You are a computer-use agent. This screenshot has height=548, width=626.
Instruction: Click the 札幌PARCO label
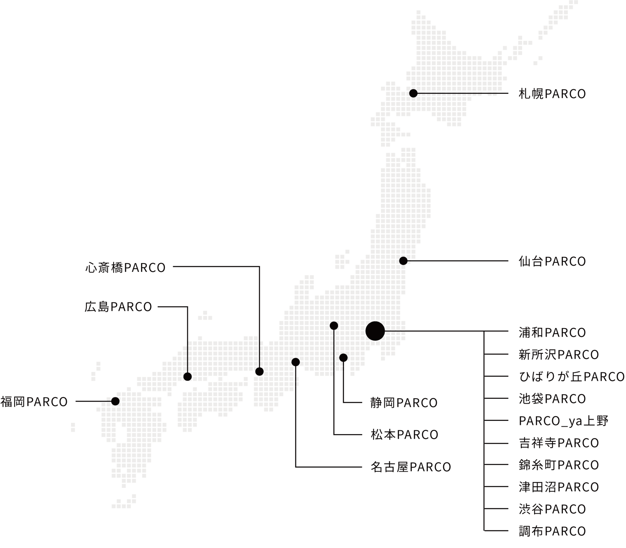(x=552, y=93)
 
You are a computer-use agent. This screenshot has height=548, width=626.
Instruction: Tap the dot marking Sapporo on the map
(x=413, y=93)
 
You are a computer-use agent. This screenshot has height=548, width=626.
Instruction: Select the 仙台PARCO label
(x=552, y=261)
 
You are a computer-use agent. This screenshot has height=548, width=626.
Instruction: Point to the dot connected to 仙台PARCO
(x=403, y=261)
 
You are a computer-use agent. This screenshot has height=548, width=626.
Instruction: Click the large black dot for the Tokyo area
(x=375, y=331)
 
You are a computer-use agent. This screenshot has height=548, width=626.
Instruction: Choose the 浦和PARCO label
(x=552, y=332)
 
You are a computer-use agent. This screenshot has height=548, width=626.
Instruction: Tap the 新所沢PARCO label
(x=559, y=354)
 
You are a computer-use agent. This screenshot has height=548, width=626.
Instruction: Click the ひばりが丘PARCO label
(x=572, y=377)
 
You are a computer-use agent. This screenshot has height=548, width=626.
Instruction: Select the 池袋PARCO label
(x=552, y=399)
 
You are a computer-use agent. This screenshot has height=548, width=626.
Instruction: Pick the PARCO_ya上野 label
(x=563, y=421)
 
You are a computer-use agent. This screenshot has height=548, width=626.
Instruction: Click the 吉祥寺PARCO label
(x=559, y=443)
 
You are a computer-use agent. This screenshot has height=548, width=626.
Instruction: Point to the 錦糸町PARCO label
(x=559, y=465)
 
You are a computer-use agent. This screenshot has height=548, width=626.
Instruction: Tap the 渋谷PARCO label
(x=552, y=509)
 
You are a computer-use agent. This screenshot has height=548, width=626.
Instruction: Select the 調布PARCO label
(x=552, y=531)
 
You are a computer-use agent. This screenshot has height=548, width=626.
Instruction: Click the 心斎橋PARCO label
(x=125, y=267)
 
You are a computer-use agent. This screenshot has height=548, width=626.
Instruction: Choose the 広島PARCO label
(x=118, y=307)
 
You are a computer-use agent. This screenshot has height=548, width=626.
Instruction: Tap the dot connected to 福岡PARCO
(x=115, y=401)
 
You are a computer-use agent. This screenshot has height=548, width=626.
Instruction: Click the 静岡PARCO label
(x=404, y=403)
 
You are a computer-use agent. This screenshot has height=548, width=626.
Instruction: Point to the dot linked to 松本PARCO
(x=334, y=326)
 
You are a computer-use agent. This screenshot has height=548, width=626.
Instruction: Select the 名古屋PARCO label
(x=410, y=467)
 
